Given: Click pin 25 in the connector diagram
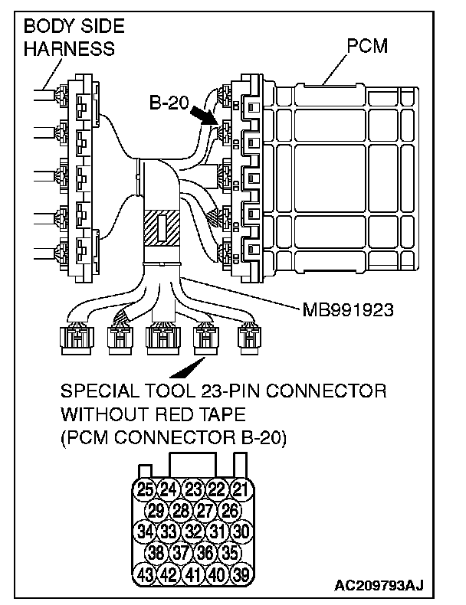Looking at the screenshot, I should pyautogui.click(x=145, y=488).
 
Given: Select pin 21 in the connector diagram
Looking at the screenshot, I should pyautogui.click(x=241, y=488).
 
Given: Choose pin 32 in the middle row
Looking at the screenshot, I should pyautogui.click(x=193, y=529).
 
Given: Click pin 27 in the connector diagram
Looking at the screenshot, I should pyautogui.click(x=205, y=509).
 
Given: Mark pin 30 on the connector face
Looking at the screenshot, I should pyautogui.click(x=241, y=529).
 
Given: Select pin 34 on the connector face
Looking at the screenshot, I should pyautogui.click(x=145, y=529).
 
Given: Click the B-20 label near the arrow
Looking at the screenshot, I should pyautogui.click(x=168, y=102).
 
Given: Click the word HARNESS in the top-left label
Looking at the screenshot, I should pyautogui.click(x=69, y=48).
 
